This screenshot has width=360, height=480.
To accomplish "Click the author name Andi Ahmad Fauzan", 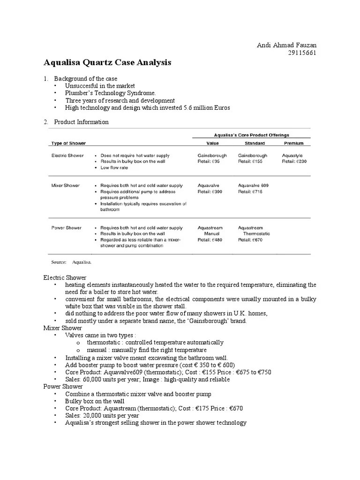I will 286,45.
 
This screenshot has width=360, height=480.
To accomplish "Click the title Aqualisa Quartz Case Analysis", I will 107,62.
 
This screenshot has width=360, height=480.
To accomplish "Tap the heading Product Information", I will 81,122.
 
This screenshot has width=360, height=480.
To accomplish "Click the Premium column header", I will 293,143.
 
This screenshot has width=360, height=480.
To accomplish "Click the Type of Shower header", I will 68,143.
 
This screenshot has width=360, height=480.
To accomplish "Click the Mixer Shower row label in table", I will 66,186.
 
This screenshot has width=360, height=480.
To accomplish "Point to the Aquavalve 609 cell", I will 253,186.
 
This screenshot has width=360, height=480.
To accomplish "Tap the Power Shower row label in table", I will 66,228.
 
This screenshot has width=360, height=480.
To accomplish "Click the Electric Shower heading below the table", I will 65,277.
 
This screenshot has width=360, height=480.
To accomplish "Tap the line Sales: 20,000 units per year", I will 102,415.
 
